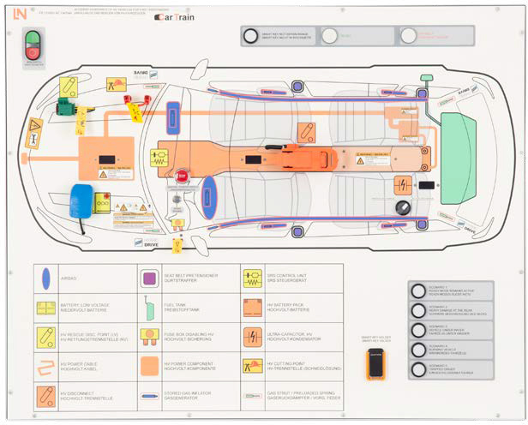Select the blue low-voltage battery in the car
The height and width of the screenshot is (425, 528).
click(82, 201)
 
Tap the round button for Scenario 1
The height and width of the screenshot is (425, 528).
click(419, 291)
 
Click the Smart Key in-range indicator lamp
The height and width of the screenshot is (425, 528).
click(249, 36)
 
